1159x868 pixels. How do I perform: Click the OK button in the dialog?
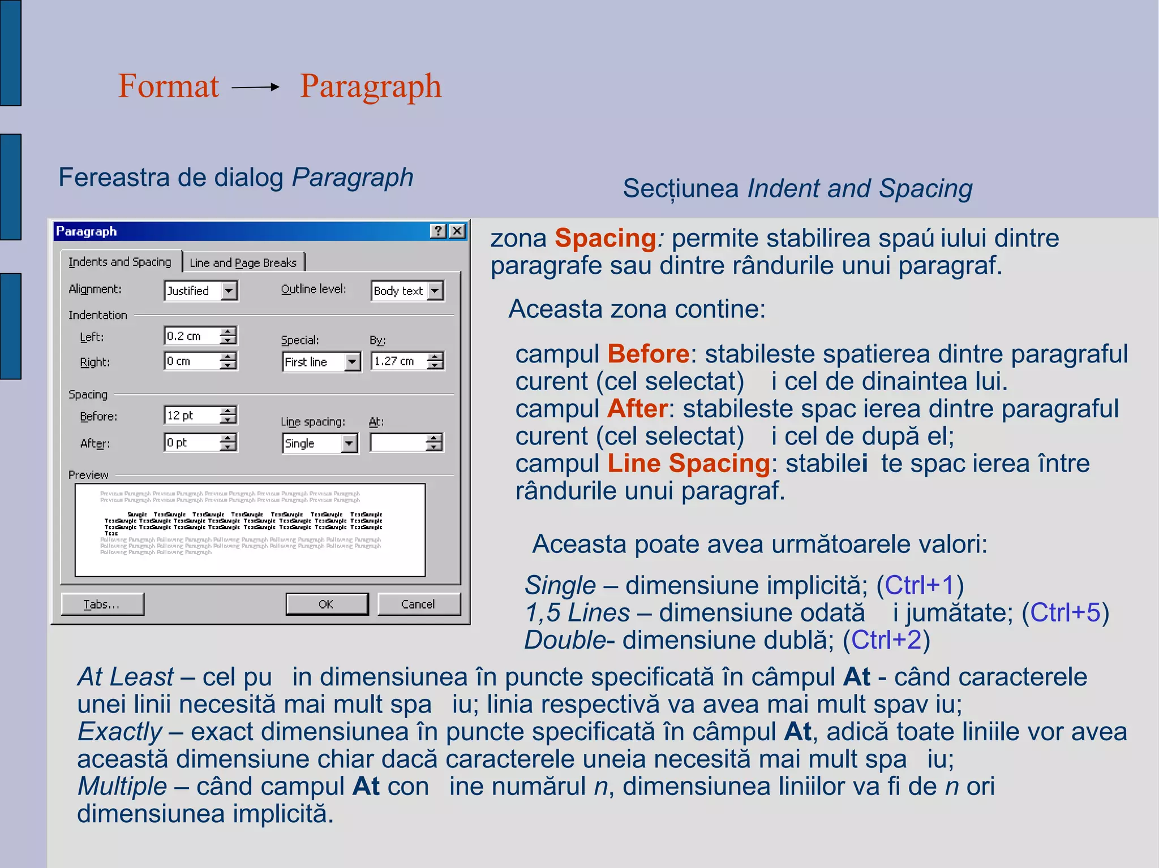click(x=327, y=604)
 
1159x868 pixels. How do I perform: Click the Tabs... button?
click(x=102, y=604)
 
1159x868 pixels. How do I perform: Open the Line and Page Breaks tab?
click(x=243, y=262)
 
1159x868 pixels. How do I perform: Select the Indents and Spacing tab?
click(x=120, y=262)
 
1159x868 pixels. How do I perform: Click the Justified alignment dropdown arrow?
click(x=229, y=291)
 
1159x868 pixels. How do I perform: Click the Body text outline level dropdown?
click(x=406, y=291)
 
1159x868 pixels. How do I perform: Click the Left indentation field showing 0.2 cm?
click(x=191, y=336)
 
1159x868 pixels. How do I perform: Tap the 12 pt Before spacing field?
click(x=191, y=416)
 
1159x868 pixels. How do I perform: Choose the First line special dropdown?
click(x=320, y=362)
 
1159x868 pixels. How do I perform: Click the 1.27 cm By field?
click(x=398, y=361)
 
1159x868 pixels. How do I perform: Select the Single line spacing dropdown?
click(x=319, y=443)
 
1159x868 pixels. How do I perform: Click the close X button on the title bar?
click(x=457, y=231)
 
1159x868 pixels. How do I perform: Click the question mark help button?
click(x=438, y=231)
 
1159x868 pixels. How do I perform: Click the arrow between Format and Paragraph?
click(x=256, y=87)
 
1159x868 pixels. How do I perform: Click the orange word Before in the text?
click(x=648, y=354)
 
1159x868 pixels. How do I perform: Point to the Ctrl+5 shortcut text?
click(x=1064, y=612)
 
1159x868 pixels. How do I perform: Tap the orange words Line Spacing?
click(x=688, y=463)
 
